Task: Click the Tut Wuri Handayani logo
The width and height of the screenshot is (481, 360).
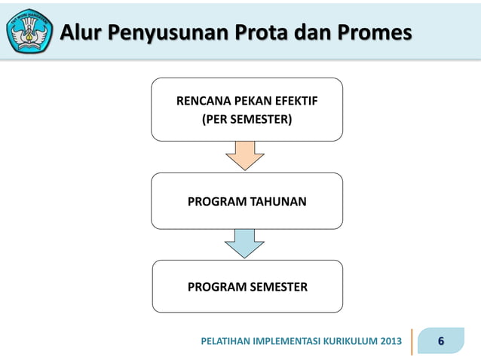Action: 29,32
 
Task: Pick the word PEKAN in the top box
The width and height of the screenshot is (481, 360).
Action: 253,100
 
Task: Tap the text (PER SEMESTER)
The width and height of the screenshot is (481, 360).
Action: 247,118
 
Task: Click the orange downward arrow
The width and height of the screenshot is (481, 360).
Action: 245,155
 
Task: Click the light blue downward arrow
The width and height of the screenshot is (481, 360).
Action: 245,243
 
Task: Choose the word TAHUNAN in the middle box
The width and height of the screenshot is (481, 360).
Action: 278,201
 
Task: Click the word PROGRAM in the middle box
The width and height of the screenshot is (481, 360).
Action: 217,201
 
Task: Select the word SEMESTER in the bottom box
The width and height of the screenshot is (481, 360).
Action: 279,287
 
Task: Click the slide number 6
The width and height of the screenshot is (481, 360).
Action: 441,342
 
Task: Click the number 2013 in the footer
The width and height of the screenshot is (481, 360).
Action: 389,343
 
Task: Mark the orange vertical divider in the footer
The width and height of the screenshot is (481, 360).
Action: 412,342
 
